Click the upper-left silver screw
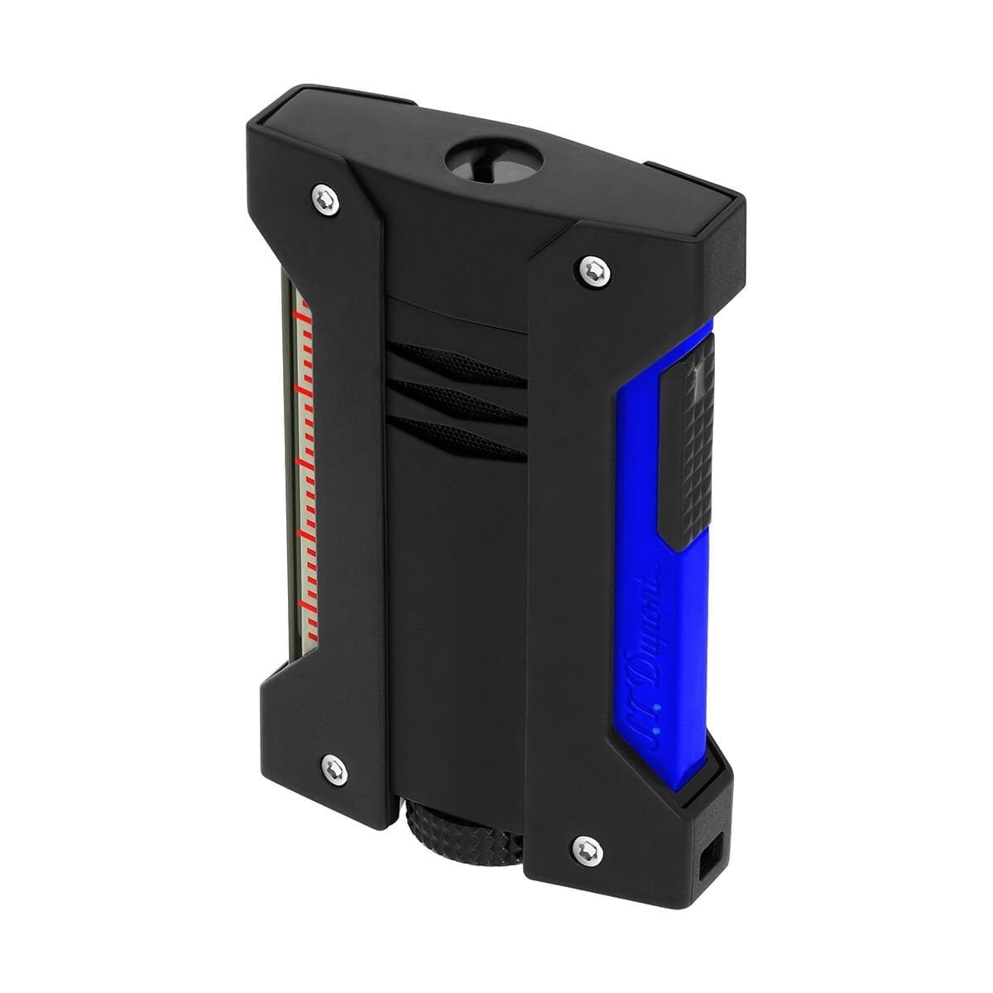pyautogui.click(x=326, y=199)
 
